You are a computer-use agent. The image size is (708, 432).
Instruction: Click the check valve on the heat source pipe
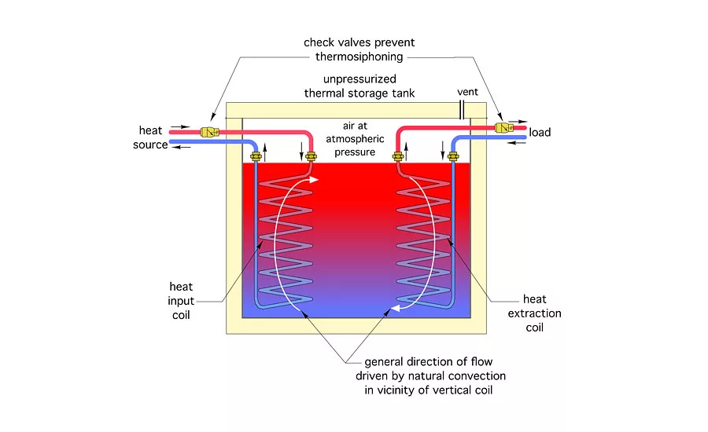tap(208, 132)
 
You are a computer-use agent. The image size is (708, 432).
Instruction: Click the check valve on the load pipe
tap(501, 126)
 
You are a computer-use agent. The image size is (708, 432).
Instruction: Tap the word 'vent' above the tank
tap(467, 93)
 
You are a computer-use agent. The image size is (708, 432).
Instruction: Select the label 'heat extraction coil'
tap(542, 313)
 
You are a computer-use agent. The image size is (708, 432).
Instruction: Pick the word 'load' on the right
tap(540, 132)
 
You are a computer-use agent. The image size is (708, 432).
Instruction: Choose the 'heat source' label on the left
tap(153, 137)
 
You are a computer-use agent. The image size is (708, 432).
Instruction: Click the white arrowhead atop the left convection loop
tap(315, 181)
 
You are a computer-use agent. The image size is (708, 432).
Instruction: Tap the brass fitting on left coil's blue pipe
tap(256, 157)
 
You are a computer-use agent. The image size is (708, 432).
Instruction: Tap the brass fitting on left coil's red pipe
tap(311, 157)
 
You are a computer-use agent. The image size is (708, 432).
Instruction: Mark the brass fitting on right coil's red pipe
tap(397, 157)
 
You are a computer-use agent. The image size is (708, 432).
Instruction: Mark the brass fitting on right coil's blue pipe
tap(453, 157)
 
